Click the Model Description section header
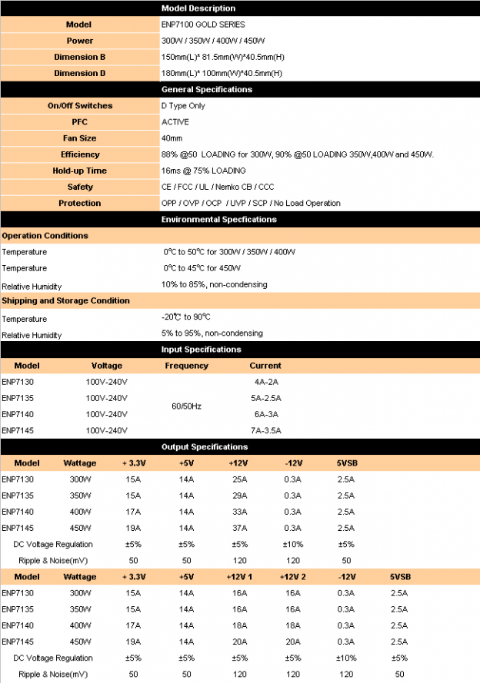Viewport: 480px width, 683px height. pyautogui.click(x=198, y=8)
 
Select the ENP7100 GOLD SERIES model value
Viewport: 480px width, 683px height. pyautogui.click(x=192, y=25)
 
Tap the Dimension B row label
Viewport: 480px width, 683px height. pyautogui.click(x=80, y=57)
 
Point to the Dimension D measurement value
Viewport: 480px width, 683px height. pyautogui.click(x=222, y=73)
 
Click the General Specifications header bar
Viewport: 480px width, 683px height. pyautogui.click(x=207, y=90)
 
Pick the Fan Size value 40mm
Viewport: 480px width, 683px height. pyautogui.click(x=172, y=138)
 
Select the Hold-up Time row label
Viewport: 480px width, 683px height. pyautogui.click(x=80, y=171)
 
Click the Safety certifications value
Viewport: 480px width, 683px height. pyautogui.click(x=218, y=187)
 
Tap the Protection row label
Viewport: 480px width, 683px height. pyautogui.click(x=80, y=203)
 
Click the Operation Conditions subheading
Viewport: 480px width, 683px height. pyautogui.click(x=45, y=236)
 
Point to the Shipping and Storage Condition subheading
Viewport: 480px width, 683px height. pyautogui.click(x=65, y=300)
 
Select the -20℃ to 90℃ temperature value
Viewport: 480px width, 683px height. pyautogui.click(x=186, y=317)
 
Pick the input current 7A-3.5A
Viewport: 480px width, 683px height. pyautogui.click(x=266, y=430)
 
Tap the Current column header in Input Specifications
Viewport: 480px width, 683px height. pyautogui.click(x=265, y=366)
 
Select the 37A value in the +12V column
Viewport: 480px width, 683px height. pyautogui.click(x=239, y=528)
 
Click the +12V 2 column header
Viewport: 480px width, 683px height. pyautogui.click(x=293, y=577)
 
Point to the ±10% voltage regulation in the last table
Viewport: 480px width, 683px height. pyautogui.click(x=347, y=658)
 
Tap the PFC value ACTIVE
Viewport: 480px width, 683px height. pyautogui.click(x=175, y=122)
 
